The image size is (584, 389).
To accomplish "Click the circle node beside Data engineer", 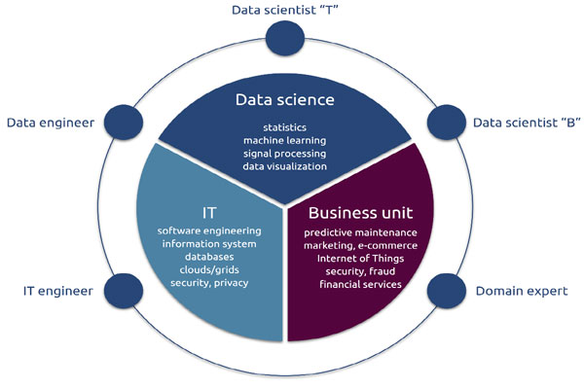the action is point(124,123).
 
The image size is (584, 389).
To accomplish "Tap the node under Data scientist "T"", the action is point(285,38).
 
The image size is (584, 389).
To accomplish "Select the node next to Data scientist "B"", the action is point(446,123).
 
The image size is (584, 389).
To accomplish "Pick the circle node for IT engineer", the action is point(124,291).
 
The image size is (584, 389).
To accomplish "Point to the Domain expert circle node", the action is point(446,291).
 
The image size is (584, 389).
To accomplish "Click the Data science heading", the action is point(285,100).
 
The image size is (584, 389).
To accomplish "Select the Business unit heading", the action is point(360,213).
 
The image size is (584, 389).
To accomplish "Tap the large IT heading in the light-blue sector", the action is point(209,213).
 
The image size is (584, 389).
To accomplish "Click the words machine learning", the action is point(285,141).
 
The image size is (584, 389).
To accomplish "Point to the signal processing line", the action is point(285,154).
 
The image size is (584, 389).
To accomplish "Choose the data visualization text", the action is point(285,166).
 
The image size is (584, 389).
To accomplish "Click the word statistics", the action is point(285,127).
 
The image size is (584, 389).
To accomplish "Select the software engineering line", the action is point(209,231).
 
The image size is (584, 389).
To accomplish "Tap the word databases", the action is point(209,257).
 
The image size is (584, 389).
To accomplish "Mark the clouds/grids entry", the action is point(209,270).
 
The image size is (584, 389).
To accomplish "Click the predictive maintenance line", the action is point(360,233).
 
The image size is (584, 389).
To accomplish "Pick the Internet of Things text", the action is point(360,259).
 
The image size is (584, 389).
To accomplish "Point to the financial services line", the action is point(360,284).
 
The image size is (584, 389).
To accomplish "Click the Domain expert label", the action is point(522,291).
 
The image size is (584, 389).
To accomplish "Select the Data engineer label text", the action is point(51,123).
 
